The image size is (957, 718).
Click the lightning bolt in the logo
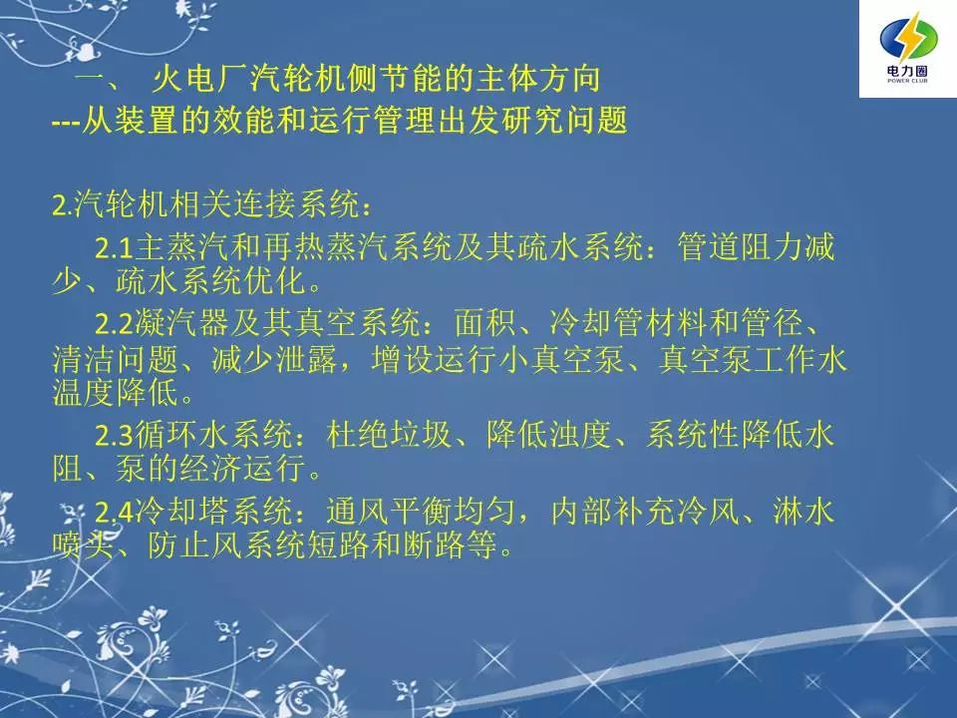coord(908,39)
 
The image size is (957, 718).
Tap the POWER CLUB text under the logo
coord(907,81)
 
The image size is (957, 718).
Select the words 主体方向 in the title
coord(538,79)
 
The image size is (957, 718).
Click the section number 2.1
coord(114,248)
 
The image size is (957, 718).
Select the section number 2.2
coord(114,323)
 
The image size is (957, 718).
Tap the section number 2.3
coord(114,436)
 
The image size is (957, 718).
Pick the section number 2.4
coord(114,512)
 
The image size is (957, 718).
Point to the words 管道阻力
coord(740,247)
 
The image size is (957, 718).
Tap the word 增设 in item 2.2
coord(402,359)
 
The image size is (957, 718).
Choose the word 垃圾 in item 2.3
coord(421,434)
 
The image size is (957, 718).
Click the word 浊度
coord(580,434)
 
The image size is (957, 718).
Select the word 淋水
coord(803,511)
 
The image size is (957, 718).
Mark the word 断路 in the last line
coord(434,544)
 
